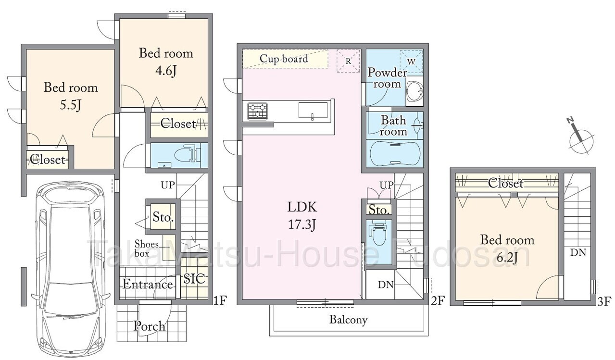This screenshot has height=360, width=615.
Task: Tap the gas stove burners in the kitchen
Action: [x=257, y=111]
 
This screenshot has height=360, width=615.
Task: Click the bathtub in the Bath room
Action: [x=394, y=154]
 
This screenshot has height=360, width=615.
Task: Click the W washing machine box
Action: [x=411, y=62]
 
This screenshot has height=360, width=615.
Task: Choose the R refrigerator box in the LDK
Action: [x=348, y=61]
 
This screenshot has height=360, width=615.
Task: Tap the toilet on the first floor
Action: [x=186, y=155]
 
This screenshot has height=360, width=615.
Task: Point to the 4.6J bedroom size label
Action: [x=165, y=71]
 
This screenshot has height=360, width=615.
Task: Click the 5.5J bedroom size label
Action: [x=71, y=105]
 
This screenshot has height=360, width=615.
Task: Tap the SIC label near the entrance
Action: [x=194, y=279]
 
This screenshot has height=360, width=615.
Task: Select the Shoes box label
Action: [x=147, y=248]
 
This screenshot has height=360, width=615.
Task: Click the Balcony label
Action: [x=348, y=320]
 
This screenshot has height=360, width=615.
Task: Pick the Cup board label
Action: [x=284, y=59]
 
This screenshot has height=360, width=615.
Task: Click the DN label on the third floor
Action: [x=578, y=252]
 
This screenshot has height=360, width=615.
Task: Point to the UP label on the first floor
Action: [x=168, y=185]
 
